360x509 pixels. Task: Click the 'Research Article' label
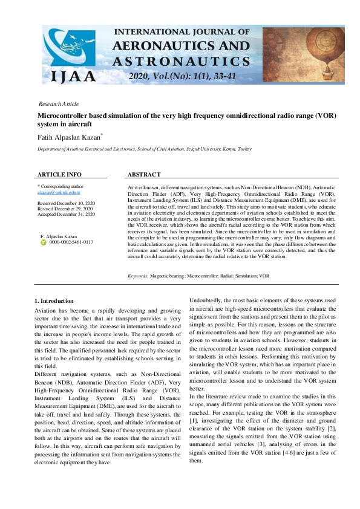(58, 104)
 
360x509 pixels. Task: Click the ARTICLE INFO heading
(59, 175)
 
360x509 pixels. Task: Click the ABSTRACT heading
(143, 175)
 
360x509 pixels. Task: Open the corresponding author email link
(58, 192)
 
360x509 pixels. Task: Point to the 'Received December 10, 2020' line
(66, 203)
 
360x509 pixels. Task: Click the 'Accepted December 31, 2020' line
(66, 214)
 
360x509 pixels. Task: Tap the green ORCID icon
(43, 242)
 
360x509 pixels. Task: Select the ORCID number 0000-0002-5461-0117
(71, 242)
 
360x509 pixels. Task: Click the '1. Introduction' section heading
(54, 300)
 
